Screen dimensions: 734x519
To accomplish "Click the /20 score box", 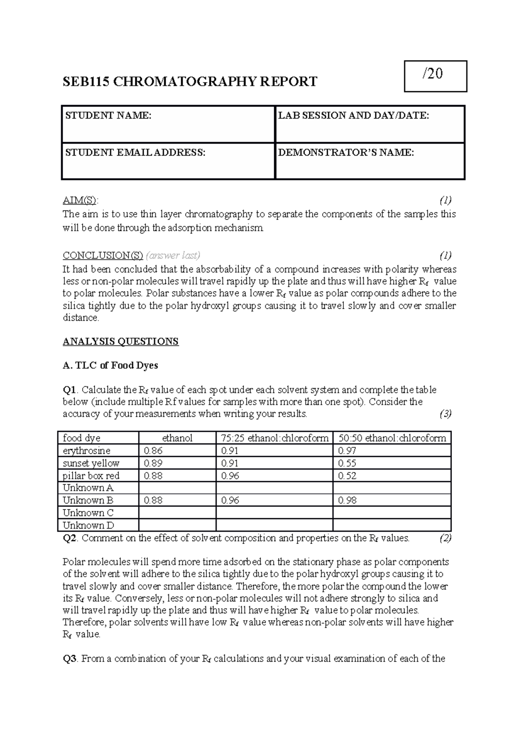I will pos(435,76).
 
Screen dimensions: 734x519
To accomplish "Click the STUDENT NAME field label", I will pos(108,115).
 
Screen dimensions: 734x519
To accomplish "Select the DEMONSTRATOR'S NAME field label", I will pos(346,153).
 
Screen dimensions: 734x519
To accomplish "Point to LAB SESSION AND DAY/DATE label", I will pos(353,115).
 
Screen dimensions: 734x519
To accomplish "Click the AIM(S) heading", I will pos(80,201).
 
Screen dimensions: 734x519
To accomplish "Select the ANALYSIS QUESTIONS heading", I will pos(121,341).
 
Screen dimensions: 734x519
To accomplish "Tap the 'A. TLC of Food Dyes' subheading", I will pos(110,366).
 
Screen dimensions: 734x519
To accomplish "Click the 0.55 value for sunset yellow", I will pos(347,463).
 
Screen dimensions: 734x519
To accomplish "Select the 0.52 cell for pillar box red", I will pos(347,476).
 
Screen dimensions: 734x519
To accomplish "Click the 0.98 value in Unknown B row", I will pos(347,500).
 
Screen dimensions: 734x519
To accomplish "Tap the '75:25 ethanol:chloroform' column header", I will pos(274,438).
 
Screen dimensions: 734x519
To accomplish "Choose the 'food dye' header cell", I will pos(81,438).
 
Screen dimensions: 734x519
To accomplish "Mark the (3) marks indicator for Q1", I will pos(445,414).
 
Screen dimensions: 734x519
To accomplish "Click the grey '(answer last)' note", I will pos(173,255).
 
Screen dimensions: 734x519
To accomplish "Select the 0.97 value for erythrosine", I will pos(347,450).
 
